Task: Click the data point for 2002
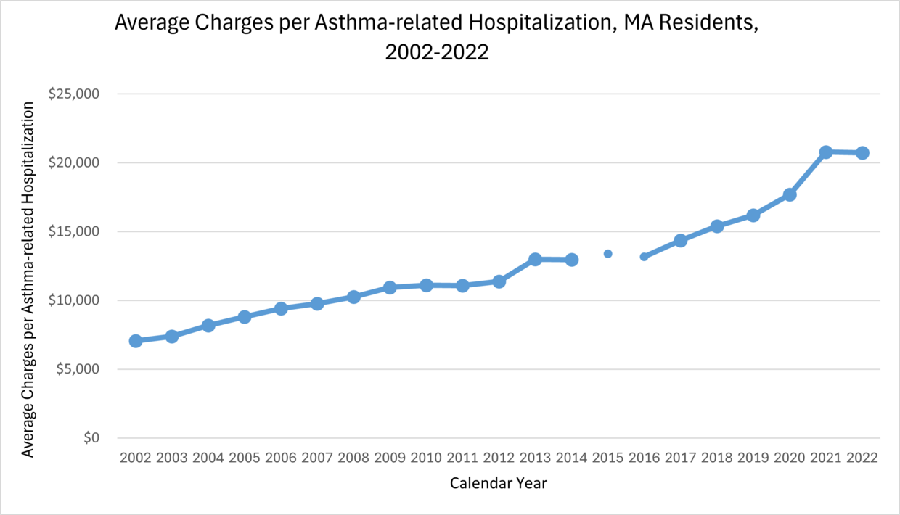[136, 341]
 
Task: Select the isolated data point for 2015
[608, 254]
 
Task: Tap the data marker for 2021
[826, 152]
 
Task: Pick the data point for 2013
[535, 259]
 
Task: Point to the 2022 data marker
[862, 153]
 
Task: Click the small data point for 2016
[644, 257]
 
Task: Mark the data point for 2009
[390, 287]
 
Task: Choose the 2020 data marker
[790, 194]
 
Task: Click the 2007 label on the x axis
[317, 458]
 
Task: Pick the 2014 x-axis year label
[571, 458]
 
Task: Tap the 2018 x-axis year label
[717, 458]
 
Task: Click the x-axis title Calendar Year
[499, 483]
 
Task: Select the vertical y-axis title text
[28, 279]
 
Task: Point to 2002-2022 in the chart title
[438, 53]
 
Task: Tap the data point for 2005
[245, 317]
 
